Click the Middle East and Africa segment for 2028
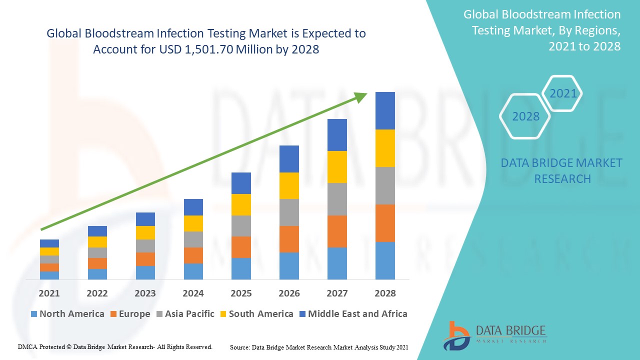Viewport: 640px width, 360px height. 385,110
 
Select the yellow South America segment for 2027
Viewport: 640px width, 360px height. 337,167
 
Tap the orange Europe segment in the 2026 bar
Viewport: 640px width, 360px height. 289,239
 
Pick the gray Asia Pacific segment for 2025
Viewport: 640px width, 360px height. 241,226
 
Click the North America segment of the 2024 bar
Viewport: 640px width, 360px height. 193,271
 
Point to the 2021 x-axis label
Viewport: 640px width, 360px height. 49,293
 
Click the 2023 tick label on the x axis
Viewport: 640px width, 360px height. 145,293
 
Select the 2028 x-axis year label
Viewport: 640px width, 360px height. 385,293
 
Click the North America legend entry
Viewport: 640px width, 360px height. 67,314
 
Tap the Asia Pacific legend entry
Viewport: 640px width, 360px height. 185,314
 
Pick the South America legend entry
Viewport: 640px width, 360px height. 256,314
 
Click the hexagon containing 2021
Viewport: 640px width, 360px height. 563,93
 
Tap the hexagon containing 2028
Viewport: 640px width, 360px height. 525,116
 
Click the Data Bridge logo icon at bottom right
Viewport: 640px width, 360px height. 456,335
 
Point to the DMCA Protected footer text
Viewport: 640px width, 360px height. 115,346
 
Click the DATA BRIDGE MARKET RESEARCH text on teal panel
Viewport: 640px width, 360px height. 561,170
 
